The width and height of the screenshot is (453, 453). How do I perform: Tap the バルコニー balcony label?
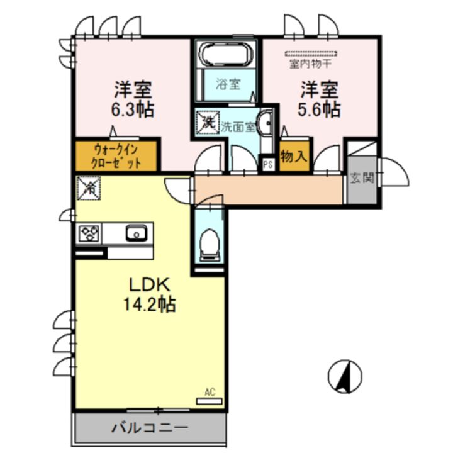(150, 428)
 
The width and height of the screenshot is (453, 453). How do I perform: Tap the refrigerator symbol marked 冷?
(89, 186)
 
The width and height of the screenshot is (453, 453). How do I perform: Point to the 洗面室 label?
(238, 126)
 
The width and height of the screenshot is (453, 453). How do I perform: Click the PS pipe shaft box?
(267, 165)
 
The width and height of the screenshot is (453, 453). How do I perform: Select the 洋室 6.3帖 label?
(133, 99)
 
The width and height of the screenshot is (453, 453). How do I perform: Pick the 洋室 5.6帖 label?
(319, 99)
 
